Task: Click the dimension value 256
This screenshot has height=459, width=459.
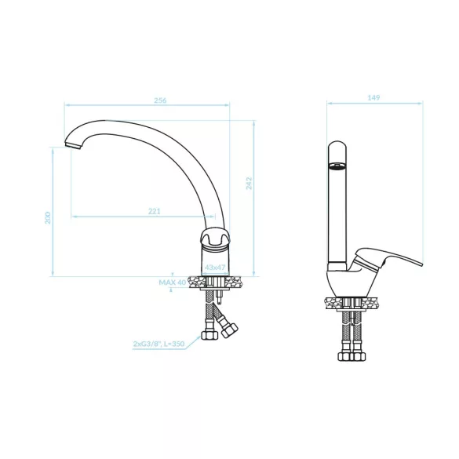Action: point(160,100)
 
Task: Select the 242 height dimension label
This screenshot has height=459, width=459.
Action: point(249,184)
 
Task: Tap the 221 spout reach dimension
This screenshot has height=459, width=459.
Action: point(155,211)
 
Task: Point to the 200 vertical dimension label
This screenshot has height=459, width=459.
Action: point(47,218)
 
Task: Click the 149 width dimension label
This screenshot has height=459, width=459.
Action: point(373,97)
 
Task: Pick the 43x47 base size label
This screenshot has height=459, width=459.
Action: point(215,268)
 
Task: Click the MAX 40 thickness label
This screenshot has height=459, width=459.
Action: point(173,282)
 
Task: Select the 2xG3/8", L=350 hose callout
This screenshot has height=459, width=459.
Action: point(159,344)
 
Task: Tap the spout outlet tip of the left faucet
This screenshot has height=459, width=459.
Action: point(72,145)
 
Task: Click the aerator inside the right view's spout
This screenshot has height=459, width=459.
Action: point(337,166)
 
